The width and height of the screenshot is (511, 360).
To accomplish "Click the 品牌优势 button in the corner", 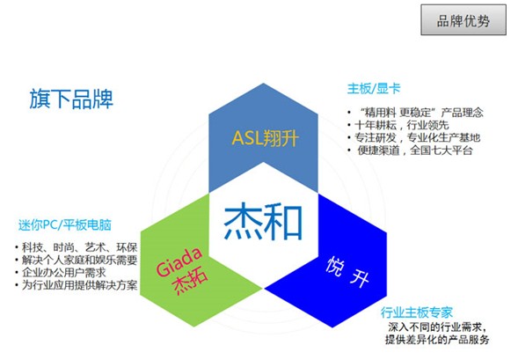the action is pos(464,20).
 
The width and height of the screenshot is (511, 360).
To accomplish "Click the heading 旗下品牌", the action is pos(71,99).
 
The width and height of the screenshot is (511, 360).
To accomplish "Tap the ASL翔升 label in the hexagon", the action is pos(265,138).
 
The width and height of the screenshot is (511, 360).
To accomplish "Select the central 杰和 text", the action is pos(263,221).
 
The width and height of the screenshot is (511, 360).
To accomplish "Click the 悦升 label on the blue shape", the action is pos(347,272).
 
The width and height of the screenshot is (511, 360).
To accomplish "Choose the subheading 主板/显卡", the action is pos(374,89).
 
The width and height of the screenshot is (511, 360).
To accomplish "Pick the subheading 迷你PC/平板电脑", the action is pos(65,225).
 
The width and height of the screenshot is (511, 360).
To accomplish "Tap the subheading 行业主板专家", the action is pos(417,312).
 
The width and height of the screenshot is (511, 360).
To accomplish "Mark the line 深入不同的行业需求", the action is pos(437,327).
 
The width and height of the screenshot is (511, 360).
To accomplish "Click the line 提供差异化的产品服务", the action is pos(437,340).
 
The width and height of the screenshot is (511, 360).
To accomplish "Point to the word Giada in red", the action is pos(179,261).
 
